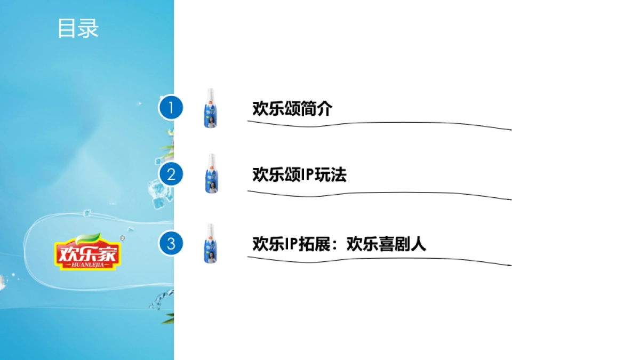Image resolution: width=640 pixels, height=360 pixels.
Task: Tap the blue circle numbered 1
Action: click(x=171, y=108)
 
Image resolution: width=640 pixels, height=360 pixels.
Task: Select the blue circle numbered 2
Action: click(x=171, y=174)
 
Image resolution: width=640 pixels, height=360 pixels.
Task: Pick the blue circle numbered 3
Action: click(x=171, y=244)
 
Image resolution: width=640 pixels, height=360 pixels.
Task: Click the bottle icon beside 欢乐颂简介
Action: click(x=211, y=108)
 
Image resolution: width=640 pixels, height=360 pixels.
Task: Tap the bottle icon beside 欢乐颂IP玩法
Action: click(x=211, y=174)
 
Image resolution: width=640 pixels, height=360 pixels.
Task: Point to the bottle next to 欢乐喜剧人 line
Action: click(x=211, y=244)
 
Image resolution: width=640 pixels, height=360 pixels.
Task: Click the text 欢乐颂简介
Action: click(x=292, y=109)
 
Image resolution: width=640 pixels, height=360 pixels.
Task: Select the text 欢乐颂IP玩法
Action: click(x=299, y=174)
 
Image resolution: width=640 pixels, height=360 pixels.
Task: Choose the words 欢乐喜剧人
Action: click(x=386, y=244)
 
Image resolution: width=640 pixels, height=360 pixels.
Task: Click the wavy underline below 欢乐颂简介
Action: click(x=379, y=125)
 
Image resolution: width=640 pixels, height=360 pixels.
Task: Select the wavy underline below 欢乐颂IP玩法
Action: click(x=379, y=195)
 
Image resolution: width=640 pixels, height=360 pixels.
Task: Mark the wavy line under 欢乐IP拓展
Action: click(x=379, y=260)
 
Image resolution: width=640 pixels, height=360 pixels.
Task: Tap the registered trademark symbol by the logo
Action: click(x=122, y=238)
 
